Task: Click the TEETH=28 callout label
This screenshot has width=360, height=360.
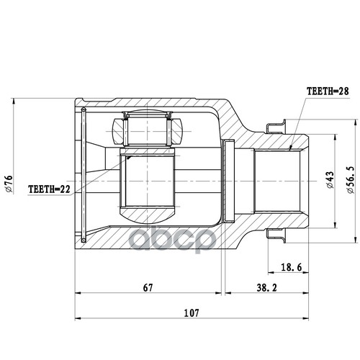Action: click(x=328, y=91)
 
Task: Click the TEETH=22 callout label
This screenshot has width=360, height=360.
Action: click(x=49, y=189)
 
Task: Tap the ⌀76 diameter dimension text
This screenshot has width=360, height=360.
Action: click(x=9, y=184)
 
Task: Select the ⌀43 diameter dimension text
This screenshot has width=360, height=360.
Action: click(x=330, y=180)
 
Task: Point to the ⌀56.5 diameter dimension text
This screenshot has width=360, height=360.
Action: click(x=351, y=180)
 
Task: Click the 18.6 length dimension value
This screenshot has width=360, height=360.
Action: click(x=291, y=267)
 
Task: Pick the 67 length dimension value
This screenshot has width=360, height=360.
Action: click(x=148, y=287)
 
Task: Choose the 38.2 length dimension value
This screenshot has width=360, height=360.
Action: click(x=266, y=287)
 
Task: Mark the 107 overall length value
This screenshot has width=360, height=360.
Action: click(x=192, y=313)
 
